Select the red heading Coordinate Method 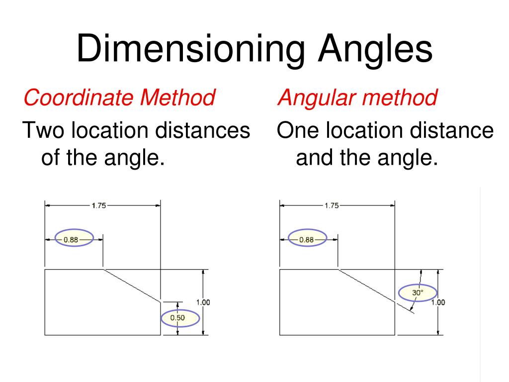[x=119, y=97]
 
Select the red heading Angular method [x=357, y=97]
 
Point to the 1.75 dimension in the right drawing [x=332, y=205]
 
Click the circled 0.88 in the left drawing [x=74, y=239]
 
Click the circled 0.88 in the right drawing [x=308, y=239]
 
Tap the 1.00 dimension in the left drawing [x=203, y=302]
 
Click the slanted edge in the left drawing [x=132, y=286]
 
